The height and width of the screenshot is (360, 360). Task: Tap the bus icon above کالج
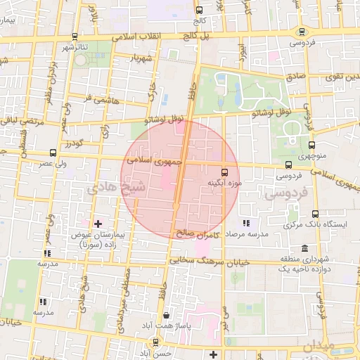[200, 11]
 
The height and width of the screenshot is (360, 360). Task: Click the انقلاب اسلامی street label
[141, 35]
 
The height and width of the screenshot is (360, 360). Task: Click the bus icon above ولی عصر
[53, 153]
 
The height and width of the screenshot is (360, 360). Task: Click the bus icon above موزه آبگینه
[225, 172]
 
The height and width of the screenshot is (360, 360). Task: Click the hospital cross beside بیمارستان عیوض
[98, 224]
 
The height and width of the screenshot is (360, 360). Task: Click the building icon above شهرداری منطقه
[304, 249]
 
